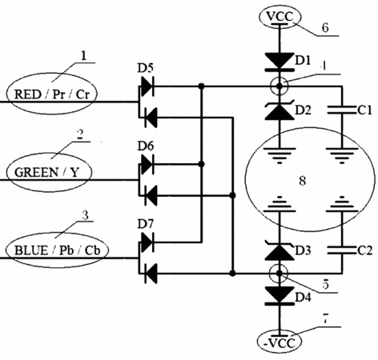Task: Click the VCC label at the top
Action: click(x=279, y=17)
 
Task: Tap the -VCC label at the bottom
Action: click(x=279, y=343)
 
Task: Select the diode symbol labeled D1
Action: click(x=279, y=62)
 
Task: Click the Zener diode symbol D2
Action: click(x=279, y=110)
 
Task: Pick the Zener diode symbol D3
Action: click(x=279, y=250)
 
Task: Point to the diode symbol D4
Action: click(x=279, y=295)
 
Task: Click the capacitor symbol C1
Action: click(x=342, y=110)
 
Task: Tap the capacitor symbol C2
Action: click(x=342, y=250)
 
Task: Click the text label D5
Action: click(x=146, y=69)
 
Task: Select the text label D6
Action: click(x=146, y=146)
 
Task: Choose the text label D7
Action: click(x=146, y=224)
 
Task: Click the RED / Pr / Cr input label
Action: click(x=51, y=94)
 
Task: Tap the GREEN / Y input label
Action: click(x=46, y=172)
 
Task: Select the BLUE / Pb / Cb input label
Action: click(x=57, y=250)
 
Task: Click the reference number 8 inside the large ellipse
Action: click(x=302, y=181)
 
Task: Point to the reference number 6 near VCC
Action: click(x=325, y=27)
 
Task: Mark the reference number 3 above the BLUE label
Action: click(x=85, y=215)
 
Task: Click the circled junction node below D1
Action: click(x=279, y=86)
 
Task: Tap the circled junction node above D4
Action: click(x=279, y=274)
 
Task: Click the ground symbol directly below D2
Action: click(x=279, y=155)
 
